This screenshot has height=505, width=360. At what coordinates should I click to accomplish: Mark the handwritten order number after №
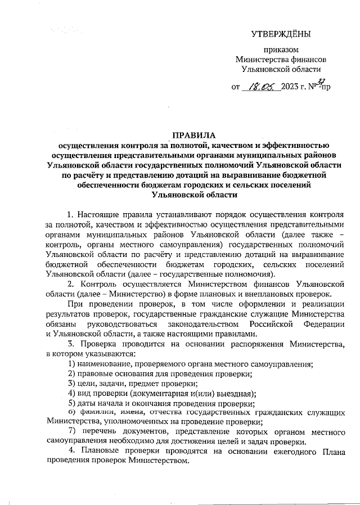click(x=325, y=85)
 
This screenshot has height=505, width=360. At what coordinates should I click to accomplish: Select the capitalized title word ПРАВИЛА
click(x=191, y=136)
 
